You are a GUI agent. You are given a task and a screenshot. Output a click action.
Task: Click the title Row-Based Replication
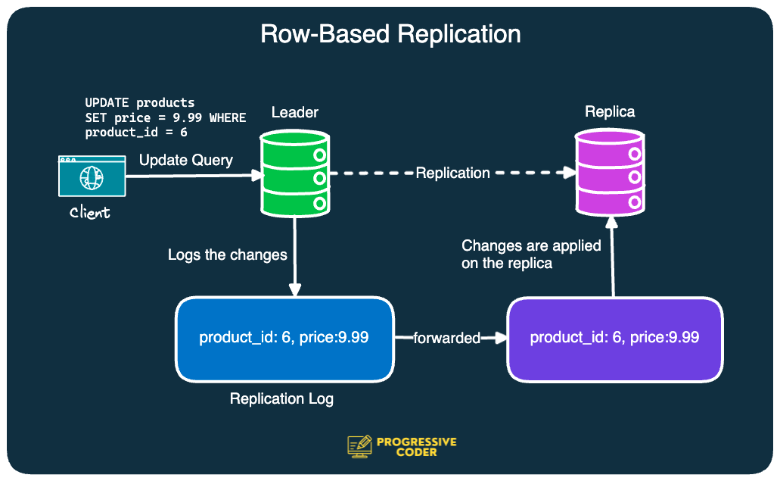pyautogui.click(x=390, y=35)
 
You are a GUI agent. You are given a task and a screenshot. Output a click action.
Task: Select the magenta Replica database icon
pyautogui.click(x=610, y=172)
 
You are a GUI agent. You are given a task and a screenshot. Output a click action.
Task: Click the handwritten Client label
pyautogui.click(x=90, y=213)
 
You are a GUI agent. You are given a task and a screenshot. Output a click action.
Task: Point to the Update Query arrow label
pyautogui.click(x=186, y=161)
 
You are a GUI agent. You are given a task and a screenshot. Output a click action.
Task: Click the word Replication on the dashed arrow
pyautogui.click(x=452, y=173)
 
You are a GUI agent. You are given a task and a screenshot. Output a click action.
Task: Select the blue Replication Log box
pyautogui.click(x=284, y=338)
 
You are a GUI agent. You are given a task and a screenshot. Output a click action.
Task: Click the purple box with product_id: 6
pyautogui.click(x=614, y=338)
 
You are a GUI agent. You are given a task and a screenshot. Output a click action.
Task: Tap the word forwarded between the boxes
pyautogui.click(x=446, y=338)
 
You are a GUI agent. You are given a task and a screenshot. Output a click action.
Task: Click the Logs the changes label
pyautogui.click(x=228, y=255)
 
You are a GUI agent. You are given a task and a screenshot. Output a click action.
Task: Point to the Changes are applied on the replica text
pyautogui.click(x=531, y=255)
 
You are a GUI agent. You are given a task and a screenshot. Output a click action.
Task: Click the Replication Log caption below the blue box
pyautogui.click(x=281, y=398)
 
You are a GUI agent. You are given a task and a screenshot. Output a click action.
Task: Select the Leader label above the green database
pyautogui.click(x=295, y=113)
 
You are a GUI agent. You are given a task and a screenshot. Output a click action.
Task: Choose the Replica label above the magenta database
pyautogui.click(x=610, y=112)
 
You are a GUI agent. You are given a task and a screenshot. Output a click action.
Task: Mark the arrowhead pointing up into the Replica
pyautogui.click(x=612, y=223)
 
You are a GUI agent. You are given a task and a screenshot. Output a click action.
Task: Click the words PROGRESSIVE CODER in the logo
pyautogui.click(x=416, y=447)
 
